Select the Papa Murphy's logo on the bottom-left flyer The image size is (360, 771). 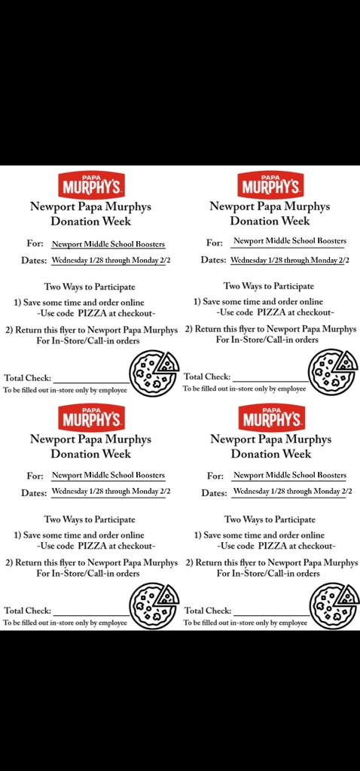click(x=90, y=416)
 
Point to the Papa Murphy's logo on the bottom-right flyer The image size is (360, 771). click(x=270, y=416)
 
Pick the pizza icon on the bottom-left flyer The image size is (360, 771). click(x=154, y=606)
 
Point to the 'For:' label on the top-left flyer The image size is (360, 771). click(x=35, y=244)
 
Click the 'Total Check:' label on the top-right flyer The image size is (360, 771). click(x=207, y=376)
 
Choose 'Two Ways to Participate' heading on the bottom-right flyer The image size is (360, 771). click(x=270, y=520)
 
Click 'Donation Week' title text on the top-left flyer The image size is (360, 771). click(x=90, y=221)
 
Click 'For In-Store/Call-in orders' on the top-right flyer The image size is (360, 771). click(x=267, y=340)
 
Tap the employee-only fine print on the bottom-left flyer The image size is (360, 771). click(x=66, y=623)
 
